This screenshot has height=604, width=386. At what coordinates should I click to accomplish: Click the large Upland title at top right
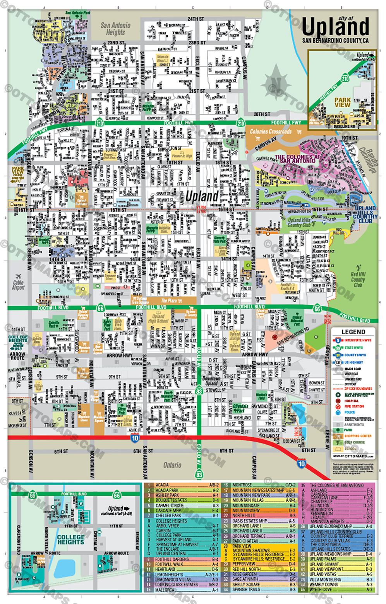[x=335, y=27]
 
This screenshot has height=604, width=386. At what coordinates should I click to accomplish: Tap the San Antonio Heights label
[x=115, y=29]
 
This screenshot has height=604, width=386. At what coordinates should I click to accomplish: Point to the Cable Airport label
[x=18, y=285]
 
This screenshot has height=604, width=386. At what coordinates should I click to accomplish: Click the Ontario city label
[x=172, y=465]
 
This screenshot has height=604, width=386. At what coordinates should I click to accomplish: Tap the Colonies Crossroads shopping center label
[x=271, y=131]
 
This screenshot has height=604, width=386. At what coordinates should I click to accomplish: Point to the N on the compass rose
[x=276, y=82]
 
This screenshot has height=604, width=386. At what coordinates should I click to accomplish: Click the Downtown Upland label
[x=211, y=381]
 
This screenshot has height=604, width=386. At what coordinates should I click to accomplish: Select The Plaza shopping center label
[x=169, y=300]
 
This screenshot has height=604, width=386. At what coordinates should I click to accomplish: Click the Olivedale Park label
[x=240, y=408]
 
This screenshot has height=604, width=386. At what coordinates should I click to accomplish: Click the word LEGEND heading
[x=353, y=332]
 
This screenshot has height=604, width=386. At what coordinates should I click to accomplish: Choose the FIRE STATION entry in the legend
[x=354, y=406]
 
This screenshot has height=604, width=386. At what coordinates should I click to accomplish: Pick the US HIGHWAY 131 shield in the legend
[x=338, y=362]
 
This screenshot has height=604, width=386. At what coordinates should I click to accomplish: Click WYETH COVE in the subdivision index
[x=321, y=589]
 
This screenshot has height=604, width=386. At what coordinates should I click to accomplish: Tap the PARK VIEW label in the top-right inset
[x=342, y=102]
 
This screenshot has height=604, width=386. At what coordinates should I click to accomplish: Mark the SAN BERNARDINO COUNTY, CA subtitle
[x=335, y=40]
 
